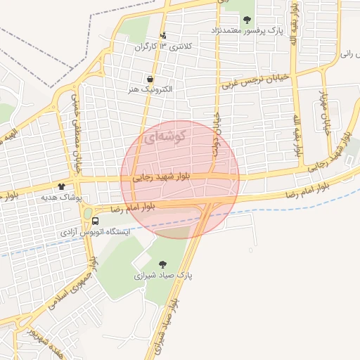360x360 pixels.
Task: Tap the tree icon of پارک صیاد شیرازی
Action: click(x=163, y=264)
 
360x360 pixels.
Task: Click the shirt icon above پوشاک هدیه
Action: click(x=61, y=186)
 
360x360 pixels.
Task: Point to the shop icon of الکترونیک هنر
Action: click(x=150, y=79)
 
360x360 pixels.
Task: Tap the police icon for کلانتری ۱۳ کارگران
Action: click(x=164, y=35)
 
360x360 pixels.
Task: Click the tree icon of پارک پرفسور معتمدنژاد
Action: click(x=247, y=19)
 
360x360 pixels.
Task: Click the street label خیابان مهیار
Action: click(x=325, y=112)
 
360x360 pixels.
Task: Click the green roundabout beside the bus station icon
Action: click(x=87, y=212)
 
